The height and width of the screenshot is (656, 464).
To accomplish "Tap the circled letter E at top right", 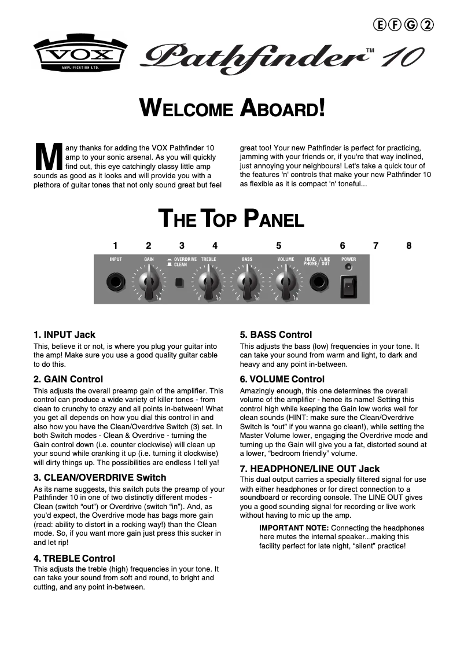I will [380, 24].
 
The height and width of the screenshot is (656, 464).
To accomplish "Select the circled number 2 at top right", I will [428, 24].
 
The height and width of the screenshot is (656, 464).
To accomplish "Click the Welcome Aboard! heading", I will [232, 108].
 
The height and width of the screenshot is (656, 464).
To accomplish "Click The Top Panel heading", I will [231, 219].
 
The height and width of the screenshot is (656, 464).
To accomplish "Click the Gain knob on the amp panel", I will [149, 282].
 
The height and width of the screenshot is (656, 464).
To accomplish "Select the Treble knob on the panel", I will [208, 282].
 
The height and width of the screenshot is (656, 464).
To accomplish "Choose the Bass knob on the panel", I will [247, 282].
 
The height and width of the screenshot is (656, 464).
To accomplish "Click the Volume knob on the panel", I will [285, 282].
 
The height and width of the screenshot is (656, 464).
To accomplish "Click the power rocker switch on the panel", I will [348, 286].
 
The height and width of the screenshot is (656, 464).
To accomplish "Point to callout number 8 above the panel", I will [409, 246].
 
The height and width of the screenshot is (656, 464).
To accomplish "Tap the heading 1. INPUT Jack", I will [64, 335].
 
